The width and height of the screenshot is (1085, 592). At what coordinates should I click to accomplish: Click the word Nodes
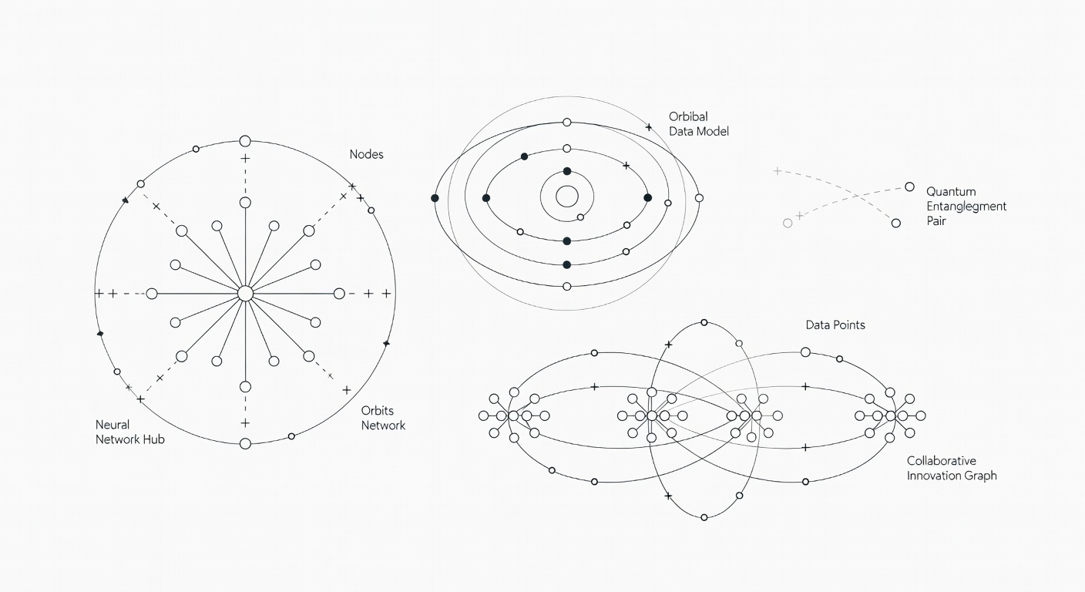pyautogui.click(x=366, y=154)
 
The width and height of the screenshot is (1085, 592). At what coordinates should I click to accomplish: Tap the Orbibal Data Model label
pyautogui.click(x=698, y=124)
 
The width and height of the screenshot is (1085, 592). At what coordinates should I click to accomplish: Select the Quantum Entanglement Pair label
pyautogui.click(x=966, y=206)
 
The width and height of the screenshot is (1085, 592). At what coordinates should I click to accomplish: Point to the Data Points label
pyautogui.click(x=835, y=325)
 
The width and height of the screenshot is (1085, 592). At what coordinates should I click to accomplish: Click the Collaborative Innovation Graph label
pyautogui.click(x=952, y=468)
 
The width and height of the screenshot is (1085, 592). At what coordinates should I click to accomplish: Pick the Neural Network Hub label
pyautogui.click(x=129, y=432)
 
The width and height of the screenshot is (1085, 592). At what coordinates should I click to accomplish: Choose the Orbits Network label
pyautogui.click(x=383, y=418)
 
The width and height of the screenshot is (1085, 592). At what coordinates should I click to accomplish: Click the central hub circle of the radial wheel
pyautogui.click(x=246, y=294)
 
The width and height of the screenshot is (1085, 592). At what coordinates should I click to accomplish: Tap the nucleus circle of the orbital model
pyautogui.click(x=567, y=197)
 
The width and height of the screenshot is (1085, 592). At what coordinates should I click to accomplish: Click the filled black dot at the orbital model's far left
pyautogui.click(x=435, y=198)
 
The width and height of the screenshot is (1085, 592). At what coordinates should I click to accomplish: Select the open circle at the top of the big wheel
pyautogui.click(x=245, y=141)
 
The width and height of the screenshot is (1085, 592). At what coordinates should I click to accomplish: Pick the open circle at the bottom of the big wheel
pyautogui.click(x=246, y=444)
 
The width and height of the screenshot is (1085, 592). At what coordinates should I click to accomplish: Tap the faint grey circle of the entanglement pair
pyautogui.click(x=788, y=224)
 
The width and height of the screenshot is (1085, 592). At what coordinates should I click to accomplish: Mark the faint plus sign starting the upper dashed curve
pyautogui.click(x=777, y=171)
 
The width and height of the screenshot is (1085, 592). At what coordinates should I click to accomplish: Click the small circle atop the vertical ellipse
pyautogui.click(x=704, y=323)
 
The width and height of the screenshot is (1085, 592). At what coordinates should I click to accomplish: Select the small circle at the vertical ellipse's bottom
pyautogui.click(x=704, y=517)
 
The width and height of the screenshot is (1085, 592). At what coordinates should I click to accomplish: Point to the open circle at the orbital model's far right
pyautogui.click(x=699, y=197)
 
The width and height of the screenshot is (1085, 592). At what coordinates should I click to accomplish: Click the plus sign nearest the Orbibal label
pyautogui.click(x=649, y=127)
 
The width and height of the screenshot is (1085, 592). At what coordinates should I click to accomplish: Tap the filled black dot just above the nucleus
pyautogui.click(x=567, y=171)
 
